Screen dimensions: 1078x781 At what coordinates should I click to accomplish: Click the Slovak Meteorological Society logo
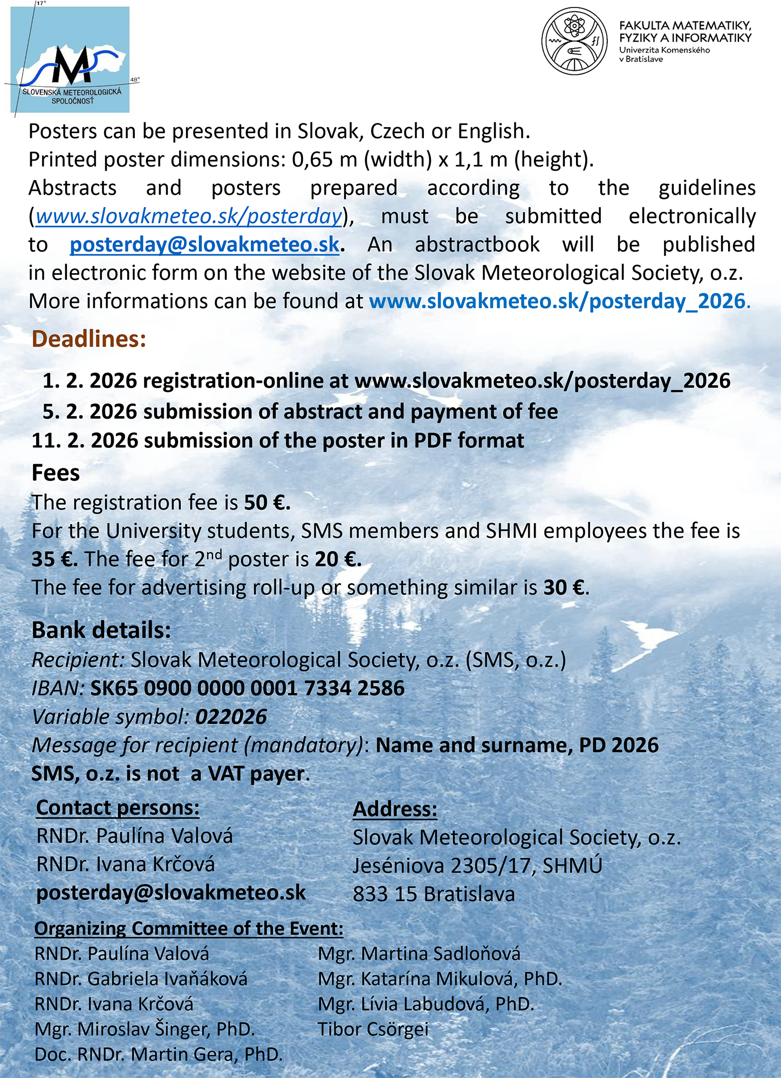70,59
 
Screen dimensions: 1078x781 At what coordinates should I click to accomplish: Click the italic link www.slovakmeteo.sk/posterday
189,216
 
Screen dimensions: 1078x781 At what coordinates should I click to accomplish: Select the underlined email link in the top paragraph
204,245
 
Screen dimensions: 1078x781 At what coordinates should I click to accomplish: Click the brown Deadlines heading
89,339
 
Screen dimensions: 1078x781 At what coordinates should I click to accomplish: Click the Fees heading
56,473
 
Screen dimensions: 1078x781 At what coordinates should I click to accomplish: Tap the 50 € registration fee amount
266,502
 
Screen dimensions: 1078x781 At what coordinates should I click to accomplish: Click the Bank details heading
101,630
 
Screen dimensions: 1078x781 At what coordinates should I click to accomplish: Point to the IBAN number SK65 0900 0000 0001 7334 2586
247,688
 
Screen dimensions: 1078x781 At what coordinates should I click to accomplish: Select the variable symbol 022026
231,717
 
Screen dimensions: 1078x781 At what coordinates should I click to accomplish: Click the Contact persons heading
118,807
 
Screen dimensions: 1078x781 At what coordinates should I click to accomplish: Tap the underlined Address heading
395,809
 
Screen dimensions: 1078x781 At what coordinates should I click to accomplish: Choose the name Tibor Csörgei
373,1029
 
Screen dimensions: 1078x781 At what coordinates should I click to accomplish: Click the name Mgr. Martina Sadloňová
419,953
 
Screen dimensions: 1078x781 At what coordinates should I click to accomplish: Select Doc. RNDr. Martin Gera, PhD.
159,1054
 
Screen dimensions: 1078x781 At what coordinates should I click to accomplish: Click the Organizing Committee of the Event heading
189,928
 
